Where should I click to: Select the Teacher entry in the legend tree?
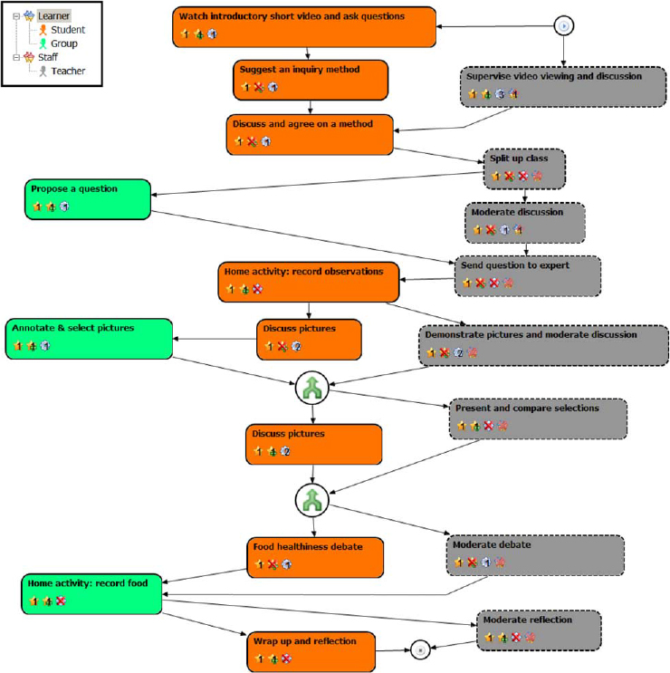(68, 71)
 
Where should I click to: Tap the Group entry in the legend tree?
(64, 43)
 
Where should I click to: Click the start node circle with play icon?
(564, 26)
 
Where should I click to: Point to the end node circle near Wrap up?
(417, 649)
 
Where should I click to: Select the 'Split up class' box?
(525, 168)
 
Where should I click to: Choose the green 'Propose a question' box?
(87, 197)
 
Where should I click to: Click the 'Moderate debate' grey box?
(535, 553)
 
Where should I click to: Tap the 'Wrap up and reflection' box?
(311, 650)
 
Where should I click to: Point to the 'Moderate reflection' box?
(539, 630)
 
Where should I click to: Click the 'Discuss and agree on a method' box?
(310, 132)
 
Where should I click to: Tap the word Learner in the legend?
(54, 15)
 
